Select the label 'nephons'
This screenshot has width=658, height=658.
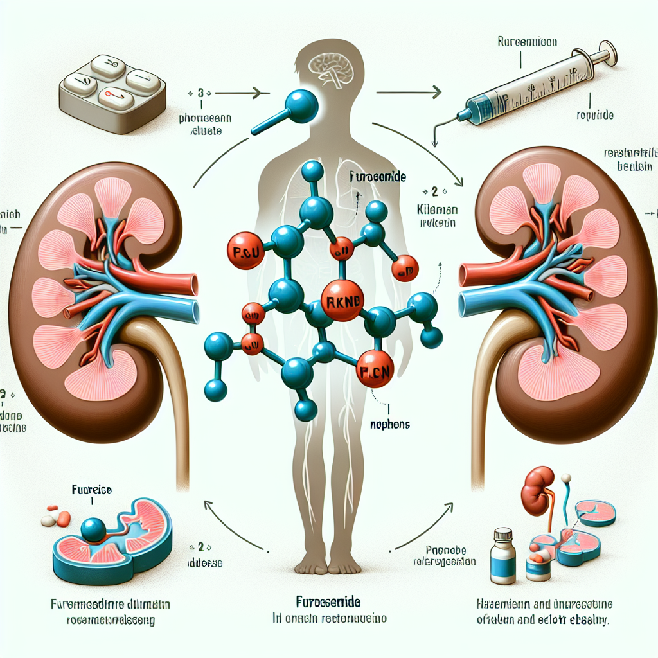[x=391, y=424]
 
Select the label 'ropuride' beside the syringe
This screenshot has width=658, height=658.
[x=595, y=116]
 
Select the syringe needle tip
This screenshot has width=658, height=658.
[x=435, y=145]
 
